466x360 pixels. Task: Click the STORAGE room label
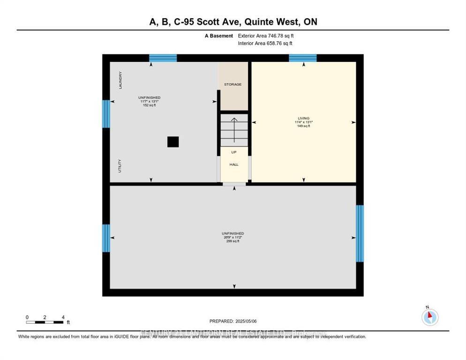pyautogui.click(x=233, y=84)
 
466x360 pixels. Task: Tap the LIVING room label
pyautogui.click(x=303, y=118)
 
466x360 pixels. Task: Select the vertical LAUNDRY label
pyautogui.click(x=120, y=80)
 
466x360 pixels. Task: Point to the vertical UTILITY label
pyautogui.click(x=120, y=166)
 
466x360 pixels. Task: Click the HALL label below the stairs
pyautogui.click(x=234, y=165)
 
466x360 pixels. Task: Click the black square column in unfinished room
pyautogui.click(x=173, y=142)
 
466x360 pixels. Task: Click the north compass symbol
pyautogui.click(x=429, y=317)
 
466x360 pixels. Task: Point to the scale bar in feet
pyautogui.click(x=45, y=322)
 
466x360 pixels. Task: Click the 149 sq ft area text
pyautogui.click(x=303, y=126)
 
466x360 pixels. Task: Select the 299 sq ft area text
pyautogui.click(x=233, y=241)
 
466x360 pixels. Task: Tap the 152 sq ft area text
pyautogui.click(x=150, y=105)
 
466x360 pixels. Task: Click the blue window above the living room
pyautogui.click(x=302, y=58)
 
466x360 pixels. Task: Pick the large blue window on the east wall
pyautogui.click(x=360, y=233)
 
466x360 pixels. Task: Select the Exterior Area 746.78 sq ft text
pyautogui.click(x=265, y=36)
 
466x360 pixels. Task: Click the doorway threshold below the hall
pyautogui.click(x=234, y=184)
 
